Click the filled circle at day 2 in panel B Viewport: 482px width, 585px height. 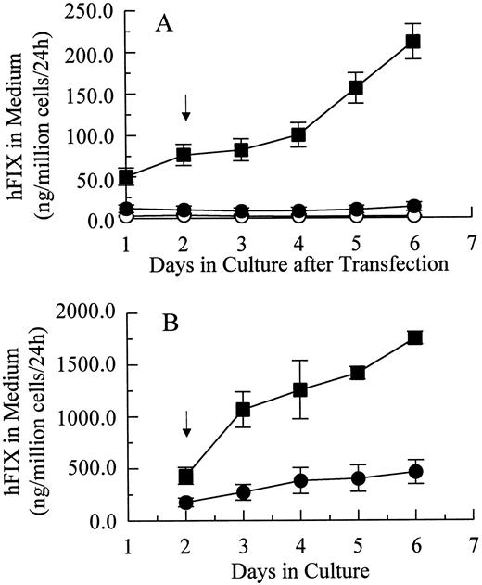(x=186, y=502)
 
